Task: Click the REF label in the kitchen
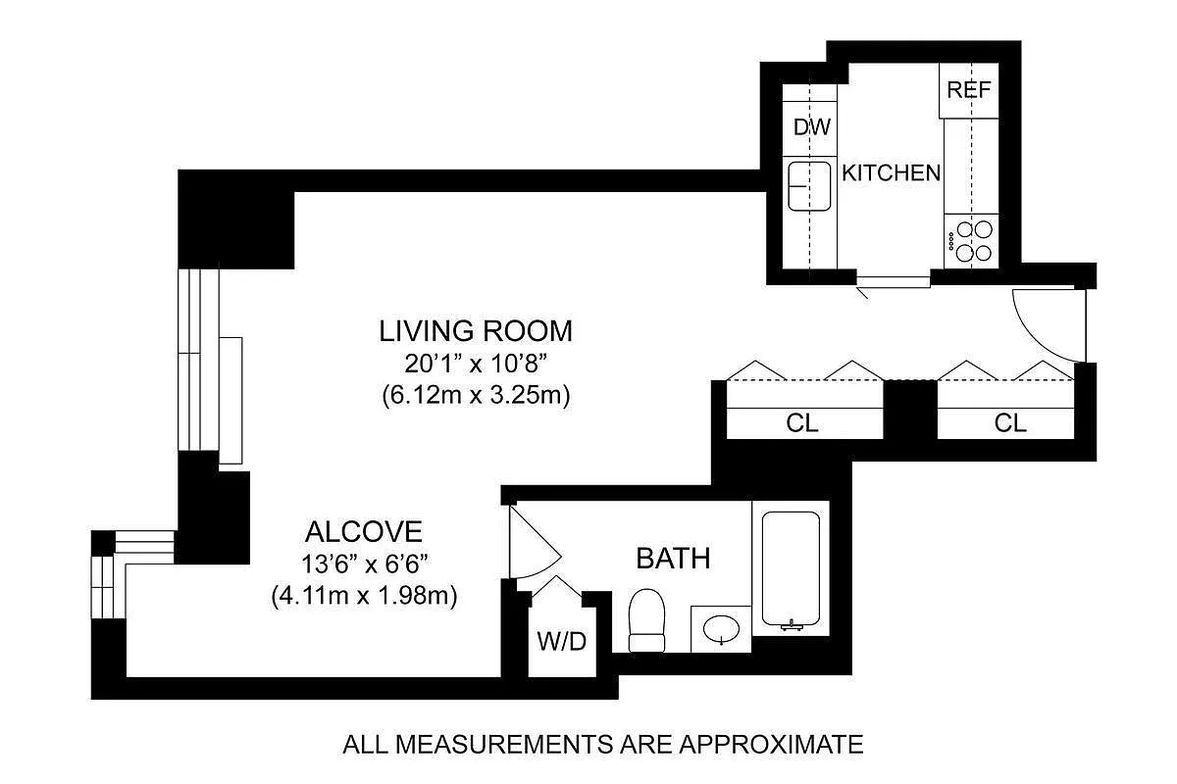[968, 90]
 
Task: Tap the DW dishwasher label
[812, 127]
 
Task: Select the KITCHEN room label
[891, 172]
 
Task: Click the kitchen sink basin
[809, 186]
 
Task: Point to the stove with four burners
[971, 241]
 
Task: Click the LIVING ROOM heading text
[476, 331]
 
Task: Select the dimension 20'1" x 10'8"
[476, 364]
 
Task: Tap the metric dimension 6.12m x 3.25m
[476, 395]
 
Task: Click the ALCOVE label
[364, 531]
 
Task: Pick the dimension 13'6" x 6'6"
[364, 564]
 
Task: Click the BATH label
[673, 559]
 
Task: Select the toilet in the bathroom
[646, 620]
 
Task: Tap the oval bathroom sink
[721, 628]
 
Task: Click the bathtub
[791, 569]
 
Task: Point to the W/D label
[562, 641]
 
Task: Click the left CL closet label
[802, 423]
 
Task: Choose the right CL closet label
[1010, 422]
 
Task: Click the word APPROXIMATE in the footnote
[771, 744]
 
